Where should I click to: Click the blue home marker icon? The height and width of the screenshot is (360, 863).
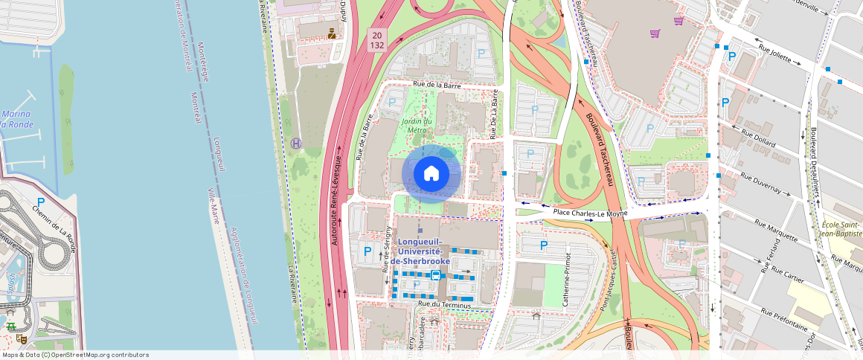coord(431,174)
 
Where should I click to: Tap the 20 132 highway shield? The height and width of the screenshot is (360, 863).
coord(376,40)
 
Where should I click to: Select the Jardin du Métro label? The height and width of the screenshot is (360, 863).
coord(417,125)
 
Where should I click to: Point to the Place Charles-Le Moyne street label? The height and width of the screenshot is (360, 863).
coord(590,213)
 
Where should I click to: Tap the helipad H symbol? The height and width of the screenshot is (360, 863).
coord(297,143)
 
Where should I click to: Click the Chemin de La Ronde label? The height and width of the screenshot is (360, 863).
coord(54,227)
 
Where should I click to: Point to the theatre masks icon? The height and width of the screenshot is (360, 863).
coord(22,338)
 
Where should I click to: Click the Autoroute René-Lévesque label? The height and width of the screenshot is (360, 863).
coord(336,201)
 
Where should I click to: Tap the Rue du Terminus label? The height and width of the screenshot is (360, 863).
coord(444,304)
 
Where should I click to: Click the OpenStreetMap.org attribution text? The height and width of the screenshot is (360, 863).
coord(75,355)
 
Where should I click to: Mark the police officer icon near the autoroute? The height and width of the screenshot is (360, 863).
coord(331,33)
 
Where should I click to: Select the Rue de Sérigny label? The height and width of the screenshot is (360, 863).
coord(386,247)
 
